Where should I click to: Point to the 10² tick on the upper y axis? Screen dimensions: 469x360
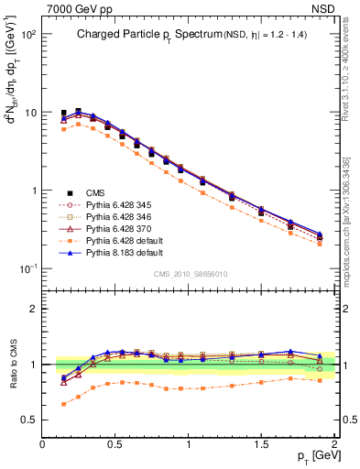point(29,35)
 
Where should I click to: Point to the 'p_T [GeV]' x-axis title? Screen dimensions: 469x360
point(312,455)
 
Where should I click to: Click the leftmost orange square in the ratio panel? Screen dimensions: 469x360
point(63,404)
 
